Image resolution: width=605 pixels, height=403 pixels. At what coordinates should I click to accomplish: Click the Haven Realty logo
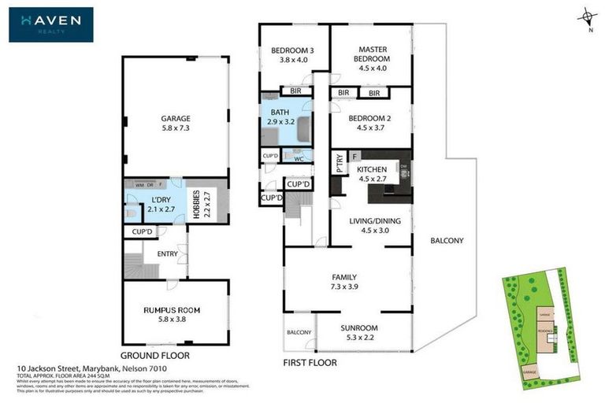click(51, 24)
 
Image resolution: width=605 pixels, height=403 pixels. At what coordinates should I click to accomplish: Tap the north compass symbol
click(586, 17)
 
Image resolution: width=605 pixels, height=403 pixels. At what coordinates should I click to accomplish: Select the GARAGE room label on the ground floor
click(176, 119)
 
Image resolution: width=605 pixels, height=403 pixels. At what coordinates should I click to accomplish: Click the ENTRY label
click(167, 253)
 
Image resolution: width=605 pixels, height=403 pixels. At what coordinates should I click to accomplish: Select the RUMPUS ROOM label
click(176, 310)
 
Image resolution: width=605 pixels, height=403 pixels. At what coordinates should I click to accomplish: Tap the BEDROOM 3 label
click(292, 51)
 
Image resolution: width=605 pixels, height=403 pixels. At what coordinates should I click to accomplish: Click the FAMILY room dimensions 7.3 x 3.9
click(345, 288)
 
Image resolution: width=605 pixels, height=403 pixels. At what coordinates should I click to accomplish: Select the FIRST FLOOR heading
click(310, 363)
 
